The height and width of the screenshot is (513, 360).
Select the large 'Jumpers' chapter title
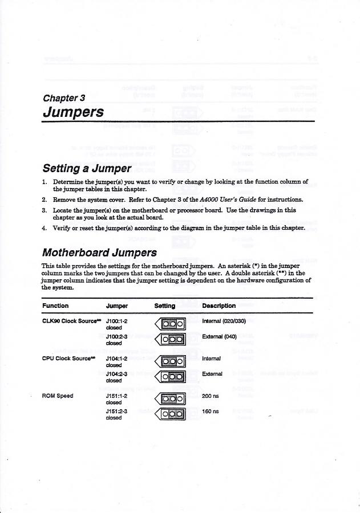[x=73, y=112]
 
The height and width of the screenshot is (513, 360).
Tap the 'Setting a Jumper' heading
[x=87, y=169]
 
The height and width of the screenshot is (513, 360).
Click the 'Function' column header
[x=56, y=306]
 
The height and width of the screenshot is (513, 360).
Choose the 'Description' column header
[x=219, y=306]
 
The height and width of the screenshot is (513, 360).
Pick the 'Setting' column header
[x=165, y=306]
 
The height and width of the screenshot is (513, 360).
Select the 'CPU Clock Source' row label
[x=66, y=359]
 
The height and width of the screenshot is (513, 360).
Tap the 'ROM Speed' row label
[x=57, y=395]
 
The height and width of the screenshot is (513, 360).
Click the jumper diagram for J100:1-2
[x=171, y=324]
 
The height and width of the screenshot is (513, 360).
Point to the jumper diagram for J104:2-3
[x=171, y=376]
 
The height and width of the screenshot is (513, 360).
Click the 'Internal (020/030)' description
[x=224, y=321]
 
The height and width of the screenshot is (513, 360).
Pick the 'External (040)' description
[x=219, y=337]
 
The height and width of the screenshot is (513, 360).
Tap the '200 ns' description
[x=211, y=395]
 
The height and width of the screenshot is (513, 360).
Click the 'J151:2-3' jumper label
[x=116, y=410]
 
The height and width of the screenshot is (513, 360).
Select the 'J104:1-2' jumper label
[x=116, y=359]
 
